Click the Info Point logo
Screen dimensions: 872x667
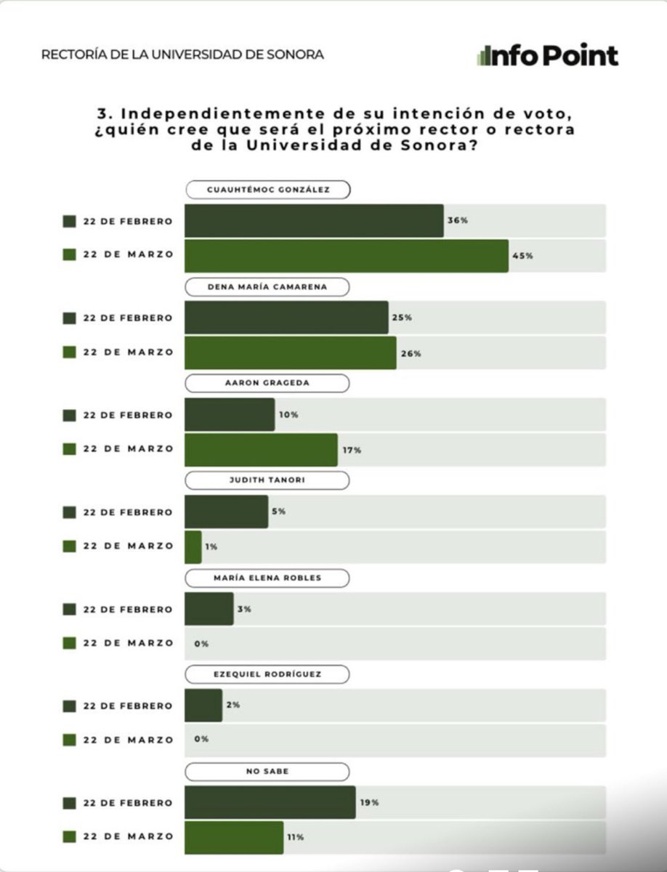(x=547, y=55)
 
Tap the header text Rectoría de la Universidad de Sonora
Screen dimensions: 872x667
(x=182, y=54)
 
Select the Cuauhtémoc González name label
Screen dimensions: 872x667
(x=267, y=190)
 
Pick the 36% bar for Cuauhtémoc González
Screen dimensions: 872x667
(x=313, y=221)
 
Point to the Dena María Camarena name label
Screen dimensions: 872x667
(x=267, y=287)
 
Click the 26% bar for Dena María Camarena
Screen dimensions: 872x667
(x=290, y=352)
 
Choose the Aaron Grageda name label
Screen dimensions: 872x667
(x=267, y=384)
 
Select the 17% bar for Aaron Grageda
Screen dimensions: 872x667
(x=260, y=450)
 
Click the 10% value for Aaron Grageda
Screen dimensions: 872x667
(x=288, y=415)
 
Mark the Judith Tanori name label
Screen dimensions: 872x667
(x=267, y=480)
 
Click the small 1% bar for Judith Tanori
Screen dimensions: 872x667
(x=193, y=546)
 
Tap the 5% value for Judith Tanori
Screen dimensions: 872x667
(x=279, y=512)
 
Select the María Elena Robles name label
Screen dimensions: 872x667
(x=267, y=578)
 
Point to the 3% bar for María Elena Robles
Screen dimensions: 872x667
(x=209, y=609)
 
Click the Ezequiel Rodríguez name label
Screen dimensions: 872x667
(x=267, y=674)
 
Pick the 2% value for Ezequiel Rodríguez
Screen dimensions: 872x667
(x=233, y=705)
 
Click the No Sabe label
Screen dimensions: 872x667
(x=267, y=771)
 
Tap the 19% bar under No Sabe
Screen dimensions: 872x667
(x=270, y=802)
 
